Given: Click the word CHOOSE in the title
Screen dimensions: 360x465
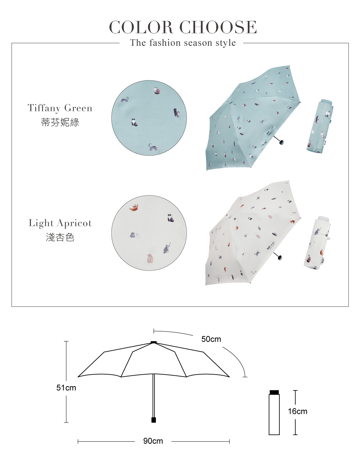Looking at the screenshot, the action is (x=218, y=27).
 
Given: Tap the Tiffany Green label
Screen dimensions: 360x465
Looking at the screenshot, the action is (x=60, y=108).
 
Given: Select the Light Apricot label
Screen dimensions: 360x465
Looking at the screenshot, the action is (x=60, y=223).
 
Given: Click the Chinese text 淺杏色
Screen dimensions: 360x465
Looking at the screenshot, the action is (x=60, y=237).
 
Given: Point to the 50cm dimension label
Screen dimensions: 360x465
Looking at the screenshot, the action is (x=211, y=339).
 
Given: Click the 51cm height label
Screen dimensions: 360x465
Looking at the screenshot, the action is (x=66, y=388).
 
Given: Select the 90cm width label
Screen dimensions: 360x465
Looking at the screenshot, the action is (x=153, y=441).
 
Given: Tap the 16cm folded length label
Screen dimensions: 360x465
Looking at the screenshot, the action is (x=298, y=411).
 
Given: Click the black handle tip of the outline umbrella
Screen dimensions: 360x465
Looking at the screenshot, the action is (x=154, y=420).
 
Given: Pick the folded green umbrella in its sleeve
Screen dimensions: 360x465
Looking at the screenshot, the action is (x=320, y=126).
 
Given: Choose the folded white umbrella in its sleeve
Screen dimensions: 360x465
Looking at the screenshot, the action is (x=317, y=243).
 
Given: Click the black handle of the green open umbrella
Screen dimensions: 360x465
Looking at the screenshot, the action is (x=280, y=141).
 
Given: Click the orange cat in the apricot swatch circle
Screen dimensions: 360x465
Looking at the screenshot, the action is (x=134, y=207).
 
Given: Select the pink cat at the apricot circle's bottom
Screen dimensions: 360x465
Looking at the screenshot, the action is (x=150, y=258).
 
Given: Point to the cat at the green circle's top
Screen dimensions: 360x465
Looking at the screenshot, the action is (x=157, y=91).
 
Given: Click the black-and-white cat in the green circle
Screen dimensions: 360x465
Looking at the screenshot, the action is (x=134, y=123).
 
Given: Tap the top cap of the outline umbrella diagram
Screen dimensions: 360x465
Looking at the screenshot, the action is (x=154, y=342).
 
